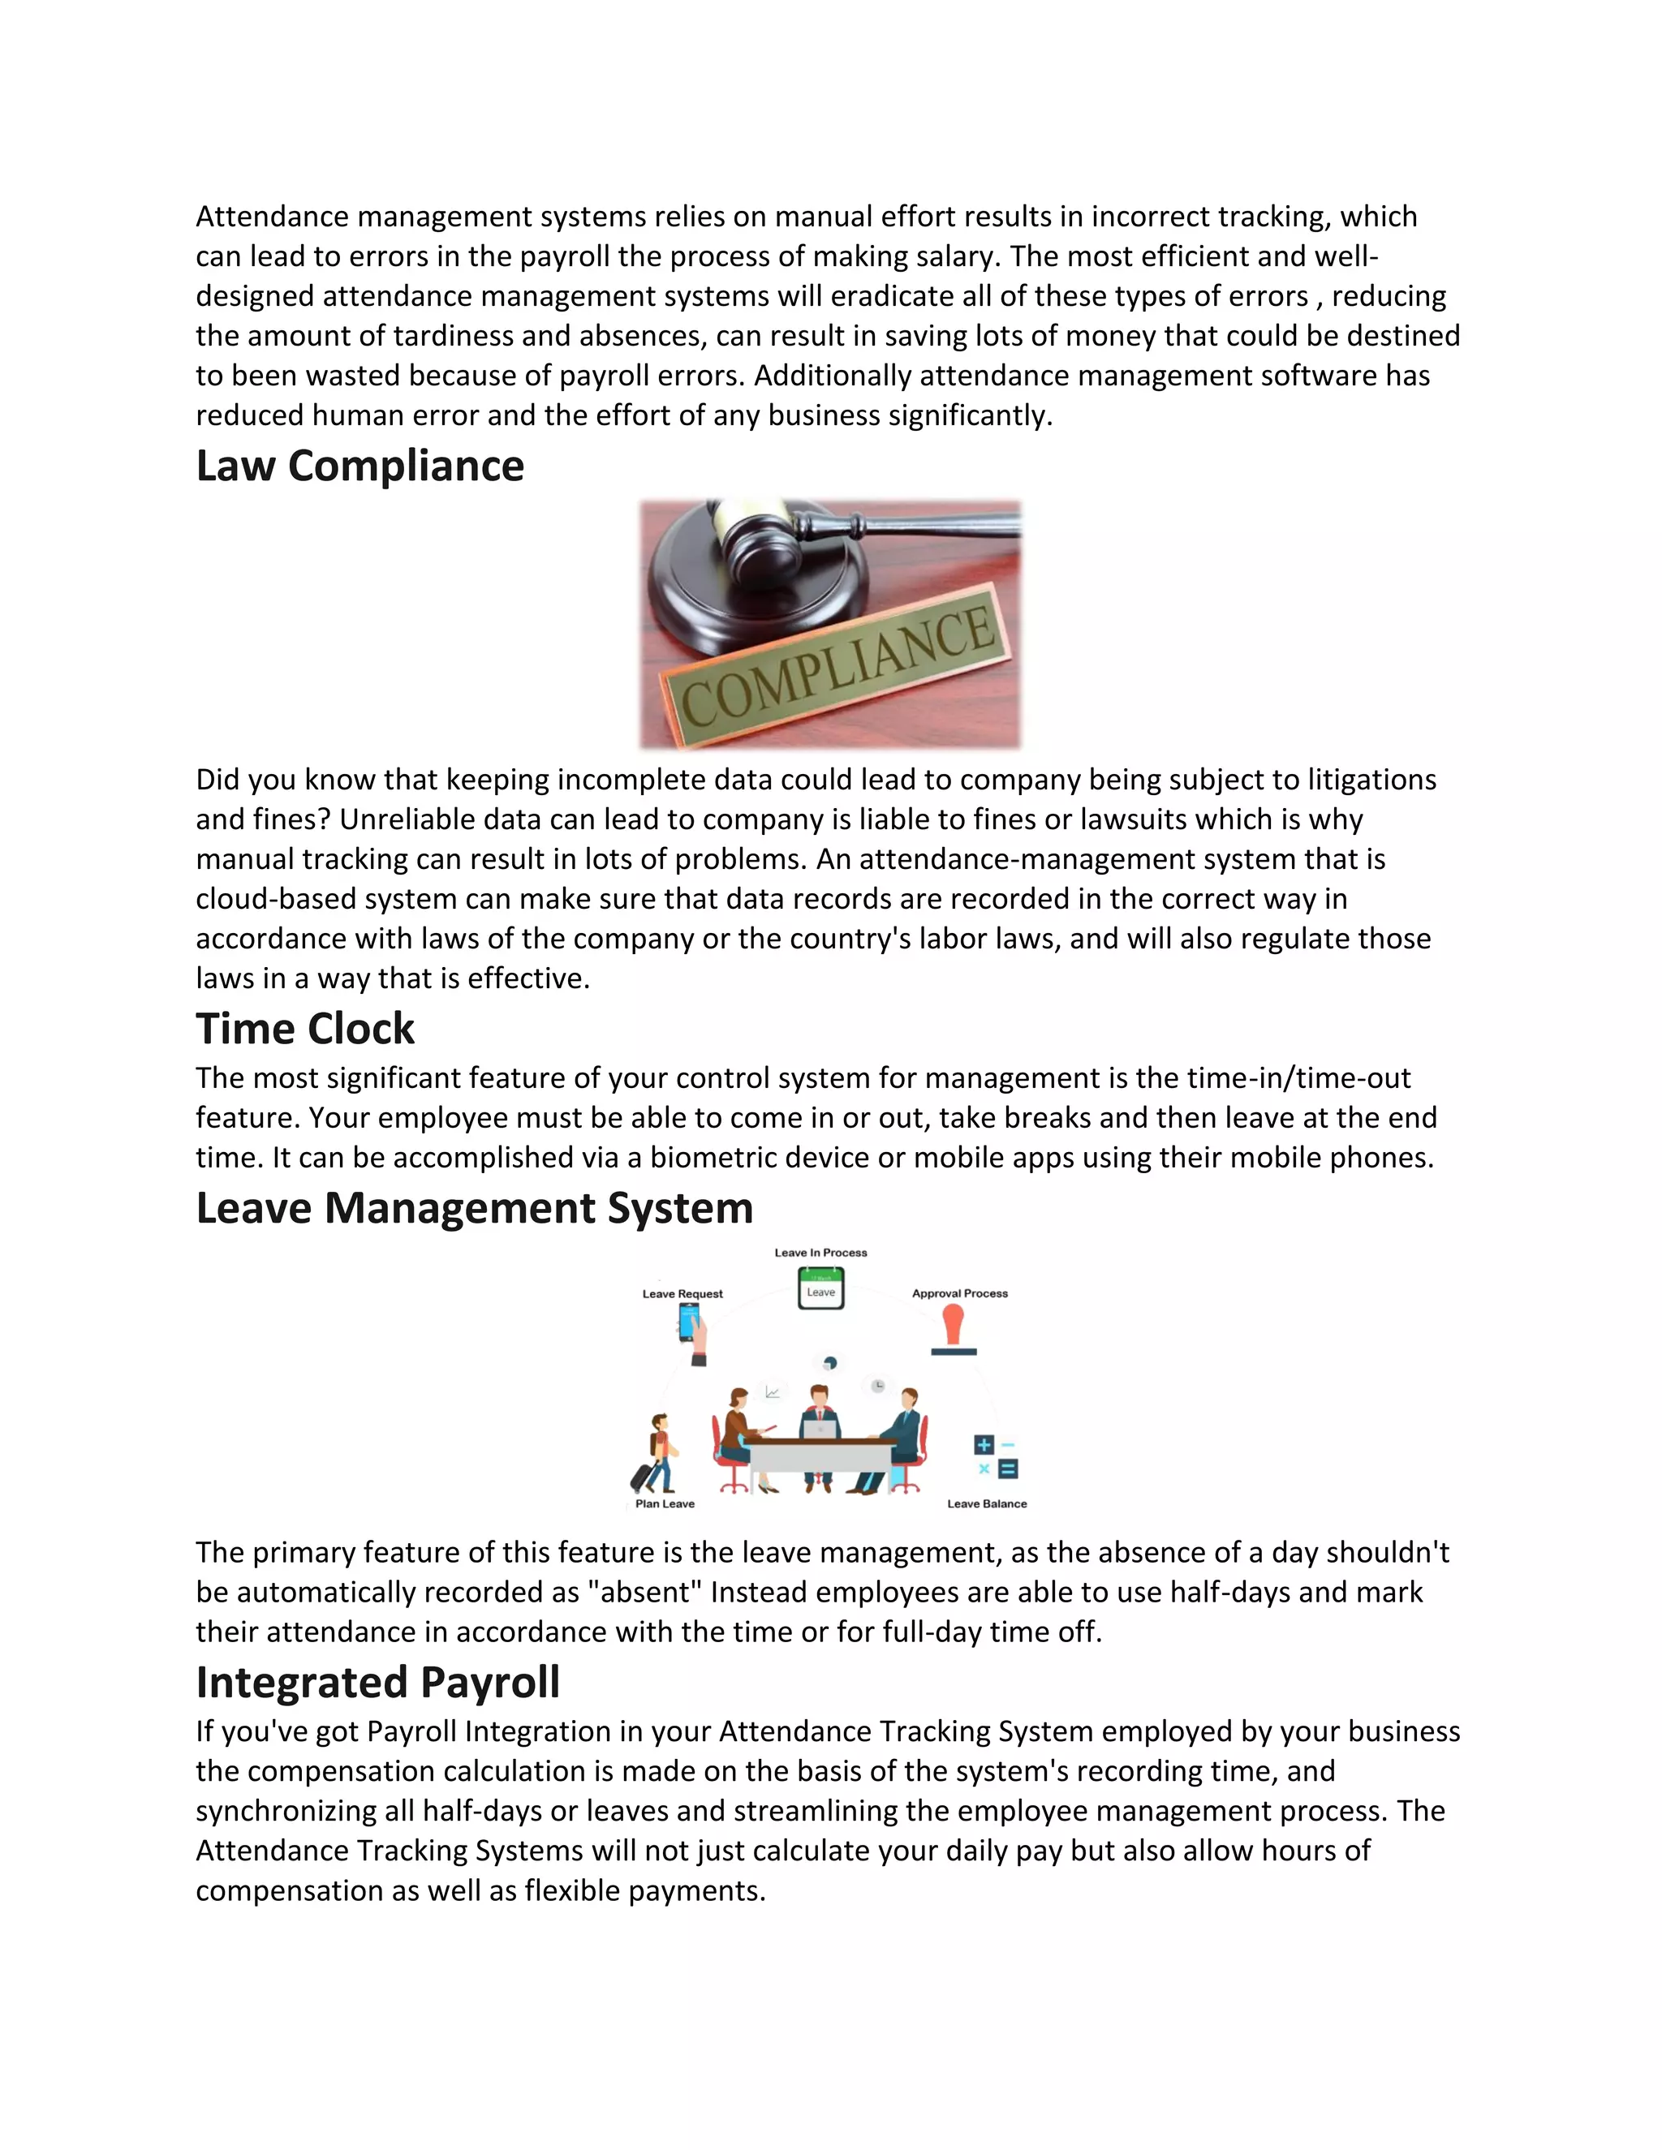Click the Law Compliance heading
pyautogui.click(x=360, y=466)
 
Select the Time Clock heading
pyautogui.click(x=304, y=1029)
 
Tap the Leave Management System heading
pyautogui.click(x=474, y=1208)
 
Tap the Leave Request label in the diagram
pyautogui.click(x=682, y=1293)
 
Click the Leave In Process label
pyautogui.click(x=820, y=1253)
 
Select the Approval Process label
pyautogui.click(x=959, y=1293)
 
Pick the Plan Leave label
pyautogui.click(x=665, y=1503)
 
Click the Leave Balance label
pyautogui.click(x=987, y=1503)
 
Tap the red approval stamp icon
pyautogui.click(x=953, y=1328)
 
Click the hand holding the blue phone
pyautogui.click(x=693, y=1333)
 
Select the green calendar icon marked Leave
pyautogui.click(x=820, y=1288)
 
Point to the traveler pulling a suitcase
pyautogui.click(x=656, y=1454)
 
